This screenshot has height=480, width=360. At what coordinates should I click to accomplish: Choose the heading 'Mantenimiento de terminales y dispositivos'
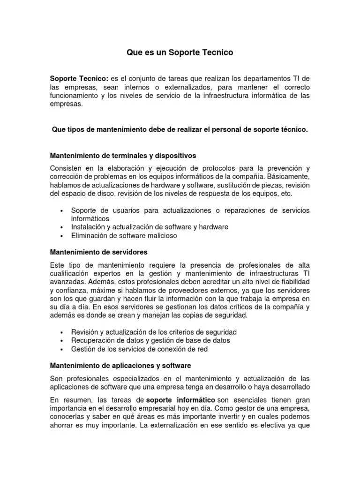[x=123, y=155]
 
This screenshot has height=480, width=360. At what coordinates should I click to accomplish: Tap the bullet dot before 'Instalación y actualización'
[x=62, y=227]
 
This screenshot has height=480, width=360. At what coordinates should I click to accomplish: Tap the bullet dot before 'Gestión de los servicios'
[x=62, y=350]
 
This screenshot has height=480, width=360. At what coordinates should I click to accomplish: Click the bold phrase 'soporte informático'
[x=180, y=399]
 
